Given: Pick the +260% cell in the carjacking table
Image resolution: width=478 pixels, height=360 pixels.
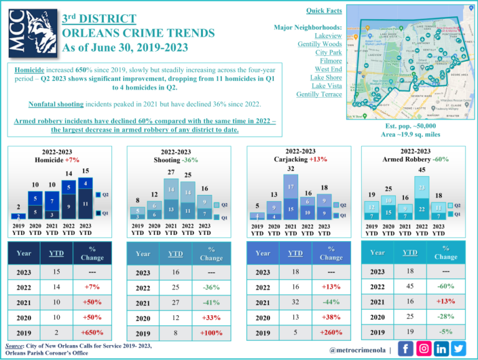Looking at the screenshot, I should tap(330, 333).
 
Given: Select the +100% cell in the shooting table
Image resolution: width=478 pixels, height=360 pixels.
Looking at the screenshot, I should tap(211, 333).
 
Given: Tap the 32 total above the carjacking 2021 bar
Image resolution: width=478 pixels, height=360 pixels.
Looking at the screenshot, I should tap(291, 168).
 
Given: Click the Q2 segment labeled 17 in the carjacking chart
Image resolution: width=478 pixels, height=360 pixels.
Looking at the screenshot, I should tap(291, 186).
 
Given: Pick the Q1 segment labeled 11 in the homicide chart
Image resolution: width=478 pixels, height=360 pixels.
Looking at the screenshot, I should tap(85, 204).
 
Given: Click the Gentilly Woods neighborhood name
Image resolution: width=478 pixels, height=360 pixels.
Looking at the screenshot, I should tap(319, 44).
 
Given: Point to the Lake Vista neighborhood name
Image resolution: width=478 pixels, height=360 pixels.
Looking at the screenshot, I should tap(326, 85).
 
